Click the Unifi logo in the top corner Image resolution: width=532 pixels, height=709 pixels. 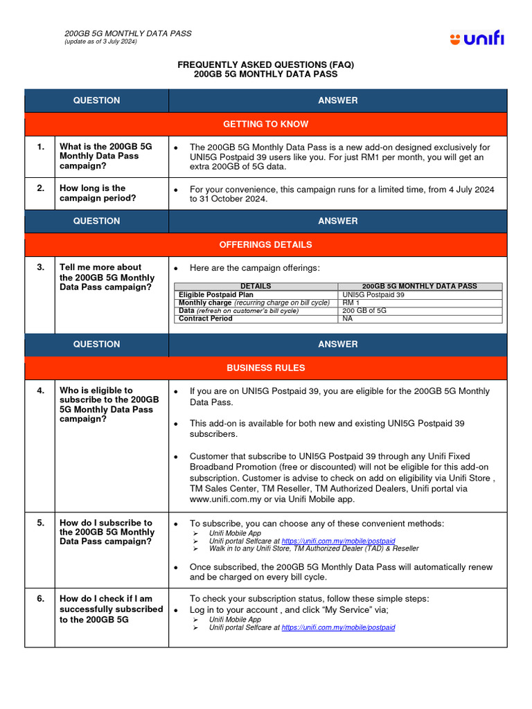[477, 39]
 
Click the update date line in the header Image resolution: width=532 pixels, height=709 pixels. [100, 42]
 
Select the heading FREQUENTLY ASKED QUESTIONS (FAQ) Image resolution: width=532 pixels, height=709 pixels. [265, 64]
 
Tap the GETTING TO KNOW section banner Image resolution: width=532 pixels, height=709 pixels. [265, 124]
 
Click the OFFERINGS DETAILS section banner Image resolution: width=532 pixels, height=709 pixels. [265, 244]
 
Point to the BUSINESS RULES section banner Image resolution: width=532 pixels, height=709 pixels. [265, 368]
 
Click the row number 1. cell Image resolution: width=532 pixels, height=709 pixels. [40, 147]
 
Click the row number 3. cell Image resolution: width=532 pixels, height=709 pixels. [40, 267]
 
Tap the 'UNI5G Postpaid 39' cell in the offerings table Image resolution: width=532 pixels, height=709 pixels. [373, 294]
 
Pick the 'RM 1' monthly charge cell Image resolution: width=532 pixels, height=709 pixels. [352, 303]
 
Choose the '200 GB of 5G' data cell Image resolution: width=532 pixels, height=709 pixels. [364, 311]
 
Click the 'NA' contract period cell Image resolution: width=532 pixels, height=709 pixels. [348, 319]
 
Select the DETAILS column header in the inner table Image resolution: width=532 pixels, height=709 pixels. [256, 286]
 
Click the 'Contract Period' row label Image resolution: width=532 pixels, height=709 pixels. [206, 319]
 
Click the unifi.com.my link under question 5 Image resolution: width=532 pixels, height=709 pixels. [338, 541]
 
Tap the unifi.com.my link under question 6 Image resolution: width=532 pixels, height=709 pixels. [338, 627]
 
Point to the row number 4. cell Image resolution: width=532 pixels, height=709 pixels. [40, 391]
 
